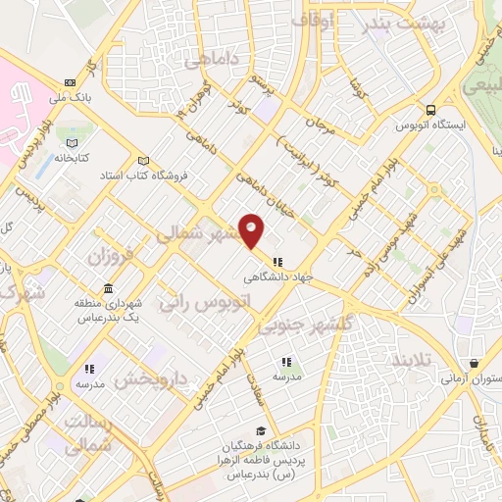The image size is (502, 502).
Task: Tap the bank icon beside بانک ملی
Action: point(70,82)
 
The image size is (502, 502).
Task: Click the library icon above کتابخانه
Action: point(71,143)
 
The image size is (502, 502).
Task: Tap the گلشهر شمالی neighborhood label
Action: point(196,233)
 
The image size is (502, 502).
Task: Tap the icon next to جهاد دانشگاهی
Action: point(278,262)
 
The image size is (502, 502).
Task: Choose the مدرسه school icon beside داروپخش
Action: point(89,370)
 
